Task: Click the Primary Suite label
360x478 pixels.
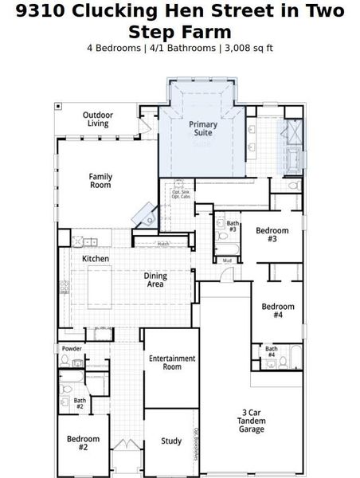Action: [x=202, y=130]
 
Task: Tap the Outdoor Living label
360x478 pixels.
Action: [x=99, y=119]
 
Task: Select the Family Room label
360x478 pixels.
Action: [x=100, y=181]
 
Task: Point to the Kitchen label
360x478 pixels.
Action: [x=96, y=259]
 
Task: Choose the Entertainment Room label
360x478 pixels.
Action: [x=172, y=362]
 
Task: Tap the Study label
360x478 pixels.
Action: [x=171, y=441]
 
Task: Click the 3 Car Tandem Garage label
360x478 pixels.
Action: [x=252, y=421]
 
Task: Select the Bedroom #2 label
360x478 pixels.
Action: [x=83, y=443]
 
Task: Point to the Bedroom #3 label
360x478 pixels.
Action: [x=272, y=235]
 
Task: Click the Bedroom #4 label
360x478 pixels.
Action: [x=278, y=311]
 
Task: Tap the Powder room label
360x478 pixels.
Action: [x=72, y=349]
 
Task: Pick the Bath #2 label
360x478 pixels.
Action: [x=80, y=404]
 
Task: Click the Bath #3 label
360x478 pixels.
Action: [x=233, y=227]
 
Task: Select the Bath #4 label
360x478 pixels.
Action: [x=271, y=351]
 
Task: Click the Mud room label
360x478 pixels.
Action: [x=227, y=261]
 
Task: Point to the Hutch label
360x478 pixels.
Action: [x=162, y=244]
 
